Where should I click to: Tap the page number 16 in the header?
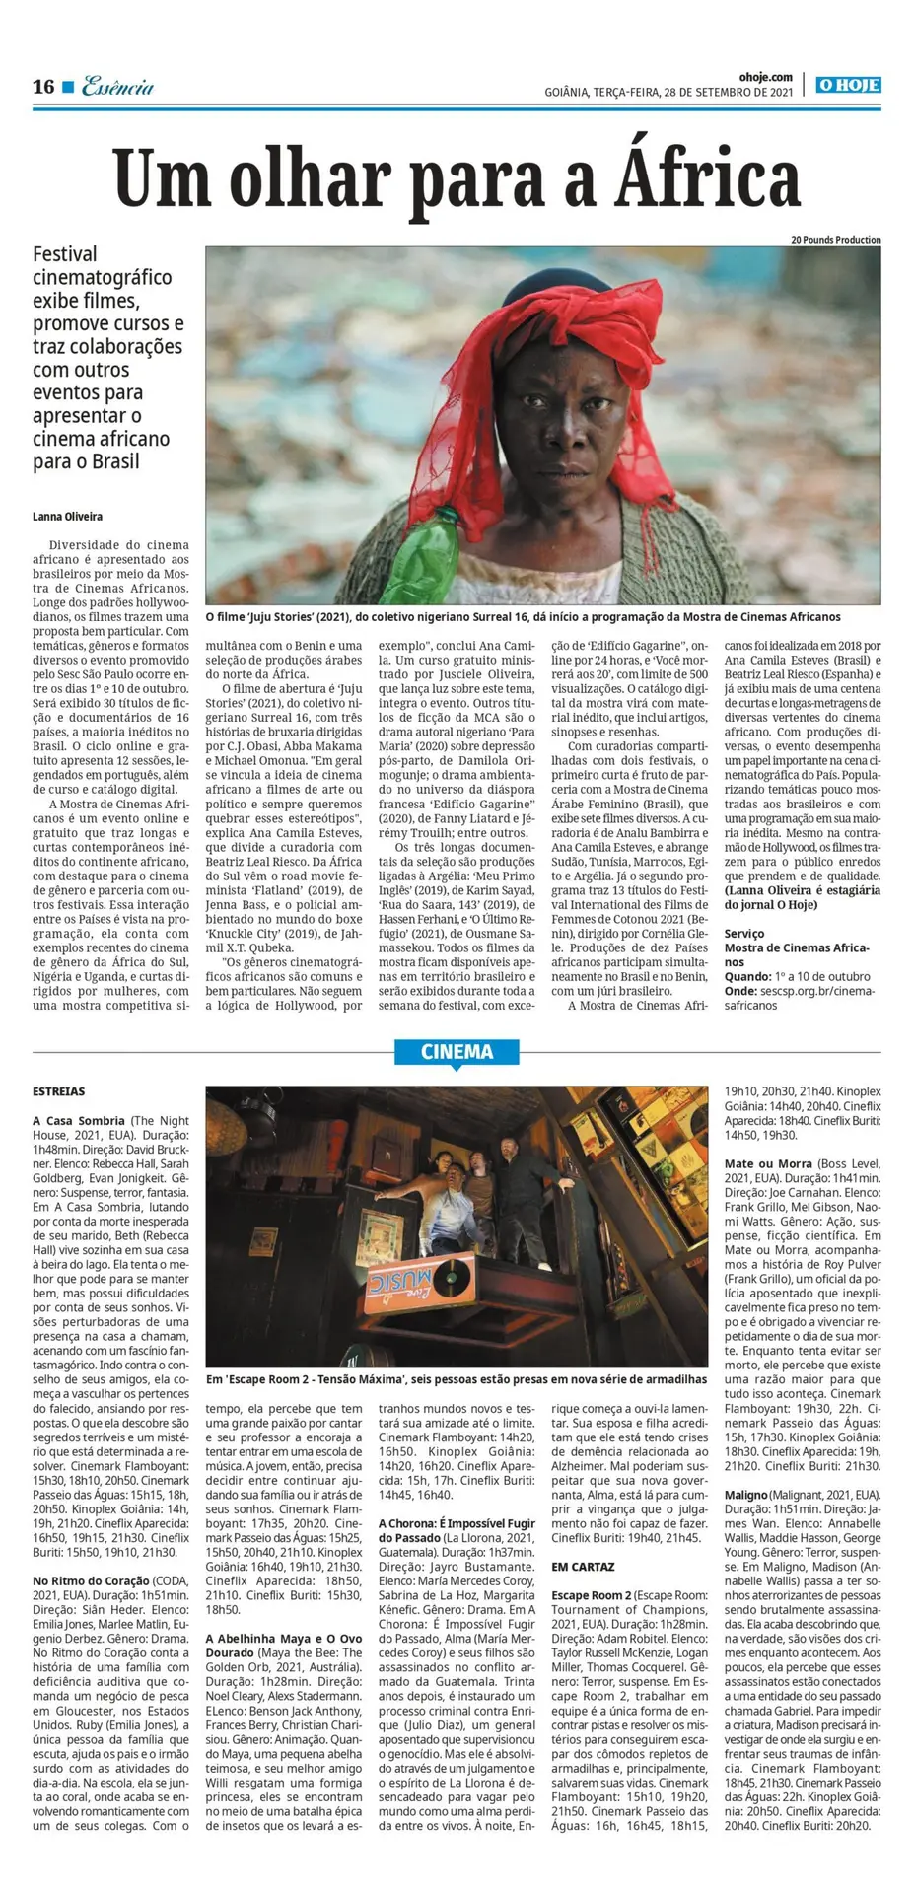(x=43, y=87)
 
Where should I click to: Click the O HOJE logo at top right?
(x=848, y=86)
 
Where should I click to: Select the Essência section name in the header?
(x=117, y=87)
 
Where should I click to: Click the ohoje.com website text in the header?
(x=765, y=76)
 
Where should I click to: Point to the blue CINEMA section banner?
(x=457, y=1052)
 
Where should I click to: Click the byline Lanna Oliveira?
(x=67, y=517)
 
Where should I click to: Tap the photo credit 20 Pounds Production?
(x=835, y=240)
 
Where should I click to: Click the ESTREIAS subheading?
(x=58, y=1091)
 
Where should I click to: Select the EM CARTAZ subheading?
(x=583, y=1567)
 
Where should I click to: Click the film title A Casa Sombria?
(x=79, y=1121)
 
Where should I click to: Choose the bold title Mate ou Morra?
(x=768, y=1164)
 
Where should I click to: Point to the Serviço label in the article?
(x=744, y=934)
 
